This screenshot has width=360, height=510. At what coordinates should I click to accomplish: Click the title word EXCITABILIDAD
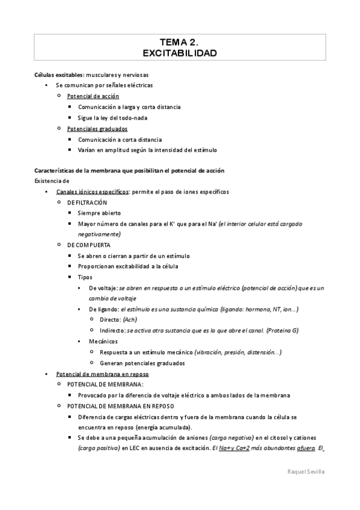point(180,54)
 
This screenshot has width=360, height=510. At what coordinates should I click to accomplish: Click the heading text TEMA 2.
point(180,41)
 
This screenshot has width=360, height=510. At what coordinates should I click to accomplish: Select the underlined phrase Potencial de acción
point(93,96)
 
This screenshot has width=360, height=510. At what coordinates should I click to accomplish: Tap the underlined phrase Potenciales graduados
point(97,129)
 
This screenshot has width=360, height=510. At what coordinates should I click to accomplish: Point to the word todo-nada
point(133,118)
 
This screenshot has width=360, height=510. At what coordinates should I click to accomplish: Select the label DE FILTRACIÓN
point(88,203)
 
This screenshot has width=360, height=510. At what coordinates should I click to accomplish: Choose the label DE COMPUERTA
point(89,245)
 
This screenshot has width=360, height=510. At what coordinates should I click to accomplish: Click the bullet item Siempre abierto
point(99,214)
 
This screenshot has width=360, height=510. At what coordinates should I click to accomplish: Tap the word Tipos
point(85,277)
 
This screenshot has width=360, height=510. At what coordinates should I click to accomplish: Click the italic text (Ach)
point(130,320)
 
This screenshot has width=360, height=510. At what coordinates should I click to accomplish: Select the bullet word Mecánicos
point(103,341)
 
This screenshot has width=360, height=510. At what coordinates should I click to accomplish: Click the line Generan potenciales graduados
point(142,363)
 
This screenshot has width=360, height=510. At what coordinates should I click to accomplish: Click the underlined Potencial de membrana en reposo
point(98,373)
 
